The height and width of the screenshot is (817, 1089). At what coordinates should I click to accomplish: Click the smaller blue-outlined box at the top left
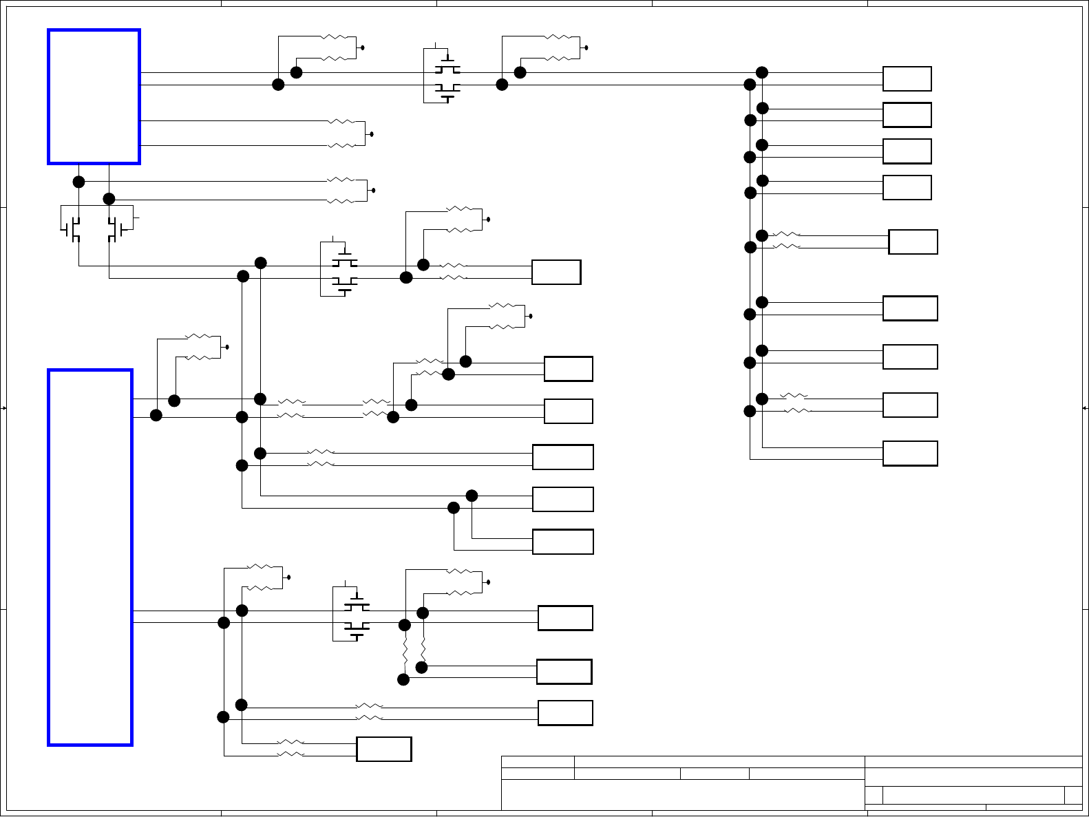(94, 96)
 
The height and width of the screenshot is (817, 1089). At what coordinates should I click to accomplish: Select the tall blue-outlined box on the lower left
(90, 558)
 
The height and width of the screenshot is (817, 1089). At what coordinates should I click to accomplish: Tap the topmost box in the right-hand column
(907, 79)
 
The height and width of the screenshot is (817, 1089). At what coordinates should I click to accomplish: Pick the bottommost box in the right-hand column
(910, 454)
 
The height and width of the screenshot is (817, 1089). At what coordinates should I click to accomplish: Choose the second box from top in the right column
(907, 115)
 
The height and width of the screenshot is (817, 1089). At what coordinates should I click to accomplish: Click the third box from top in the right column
(907, 151)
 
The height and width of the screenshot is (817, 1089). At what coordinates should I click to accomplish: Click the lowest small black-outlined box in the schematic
(383, 749)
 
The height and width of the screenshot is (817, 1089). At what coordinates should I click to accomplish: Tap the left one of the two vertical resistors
(405, 652)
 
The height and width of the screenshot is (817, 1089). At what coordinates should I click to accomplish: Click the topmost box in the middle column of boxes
(556, 272)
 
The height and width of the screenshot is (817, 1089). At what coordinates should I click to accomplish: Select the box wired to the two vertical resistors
(564, 672)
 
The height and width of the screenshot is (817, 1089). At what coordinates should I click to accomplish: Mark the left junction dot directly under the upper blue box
(79, 182)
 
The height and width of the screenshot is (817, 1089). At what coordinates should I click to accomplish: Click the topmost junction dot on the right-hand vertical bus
(762, 72)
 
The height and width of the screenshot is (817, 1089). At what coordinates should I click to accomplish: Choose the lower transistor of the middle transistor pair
(344, 283)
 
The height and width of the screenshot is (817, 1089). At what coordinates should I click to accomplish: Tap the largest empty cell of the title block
(683, 795)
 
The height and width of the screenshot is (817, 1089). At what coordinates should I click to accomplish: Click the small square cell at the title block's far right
(1073, 795)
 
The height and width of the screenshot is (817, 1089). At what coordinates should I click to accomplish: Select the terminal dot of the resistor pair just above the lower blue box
(227, 347)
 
